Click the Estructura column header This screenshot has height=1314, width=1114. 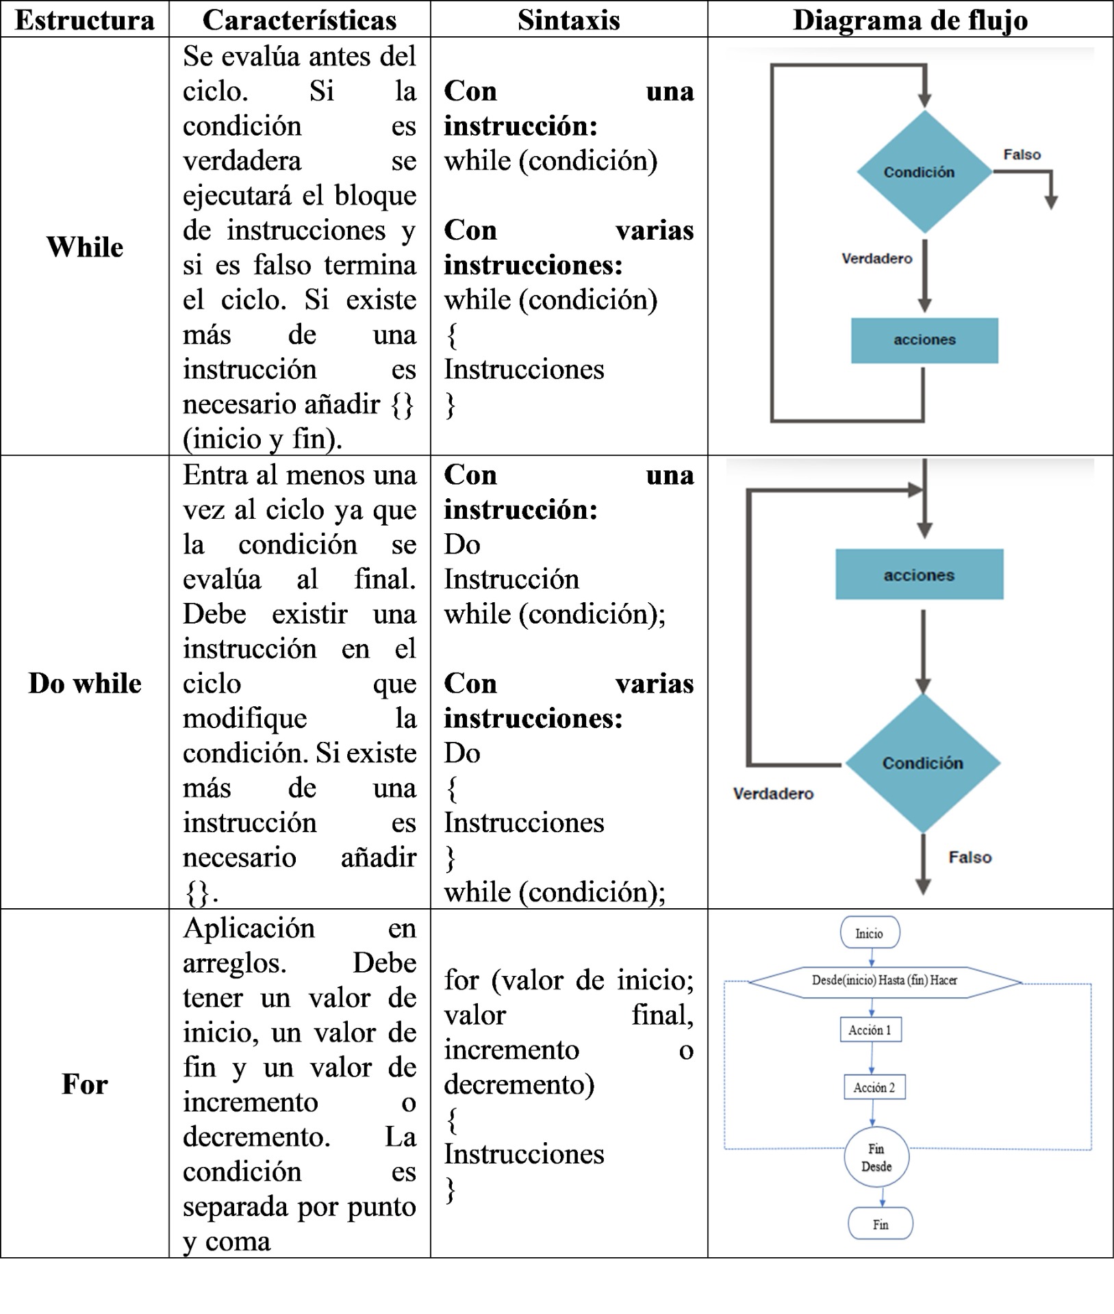(85, 20)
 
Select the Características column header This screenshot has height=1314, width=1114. (299, 20)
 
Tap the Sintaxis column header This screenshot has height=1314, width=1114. (568, 20)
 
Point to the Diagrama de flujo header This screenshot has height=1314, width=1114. (910, 20)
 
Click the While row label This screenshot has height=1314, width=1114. (85, 247)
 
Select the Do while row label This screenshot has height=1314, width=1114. (85, 683)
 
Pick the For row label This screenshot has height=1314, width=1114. (85, 1084)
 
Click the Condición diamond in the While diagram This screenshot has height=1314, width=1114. (923, 172)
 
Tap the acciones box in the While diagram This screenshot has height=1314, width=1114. (924, 340)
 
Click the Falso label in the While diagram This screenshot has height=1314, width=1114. (1022, 155)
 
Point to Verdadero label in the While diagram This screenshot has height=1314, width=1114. (876, 259)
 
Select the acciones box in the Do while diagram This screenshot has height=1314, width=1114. (919, 575)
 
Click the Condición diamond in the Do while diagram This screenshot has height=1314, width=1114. (922, 763)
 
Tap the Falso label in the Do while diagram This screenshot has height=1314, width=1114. (970, 858)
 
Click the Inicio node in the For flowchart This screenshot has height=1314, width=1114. (870, 933)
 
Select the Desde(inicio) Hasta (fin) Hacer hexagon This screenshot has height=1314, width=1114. (885, 981)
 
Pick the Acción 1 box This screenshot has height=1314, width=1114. (870, 1030)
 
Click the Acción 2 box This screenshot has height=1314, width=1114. (874, 1087)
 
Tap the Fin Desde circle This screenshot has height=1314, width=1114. (876, 1157)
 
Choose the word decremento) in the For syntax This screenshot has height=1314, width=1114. (519, 1085)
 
